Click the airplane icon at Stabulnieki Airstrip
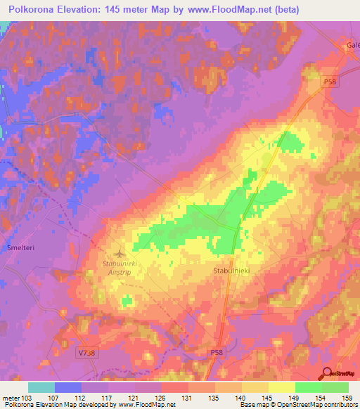coord(118,252)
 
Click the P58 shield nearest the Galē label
coord(330,82)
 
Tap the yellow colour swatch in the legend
coord(281,387)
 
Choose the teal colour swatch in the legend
coord(41,387)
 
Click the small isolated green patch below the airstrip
coord(127,301)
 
